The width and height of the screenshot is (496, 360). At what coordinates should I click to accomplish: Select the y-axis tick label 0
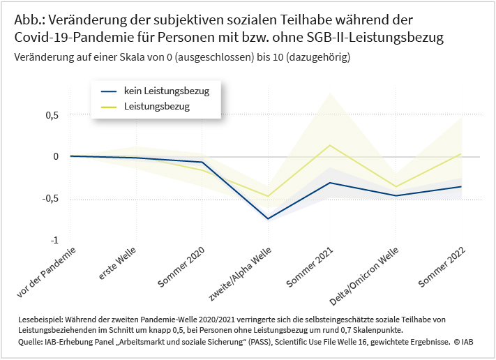coord(54,156)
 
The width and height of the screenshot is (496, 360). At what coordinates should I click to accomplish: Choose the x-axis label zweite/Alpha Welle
coord(240,273)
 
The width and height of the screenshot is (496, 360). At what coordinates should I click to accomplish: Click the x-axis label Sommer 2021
coord(310,267)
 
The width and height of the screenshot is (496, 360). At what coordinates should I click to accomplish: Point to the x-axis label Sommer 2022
coord(441,267)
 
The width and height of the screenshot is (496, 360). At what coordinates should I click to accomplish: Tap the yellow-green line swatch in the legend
coord(109,107)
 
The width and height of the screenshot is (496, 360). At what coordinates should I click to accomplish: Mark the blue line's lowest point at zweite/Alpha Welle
coord(268,219)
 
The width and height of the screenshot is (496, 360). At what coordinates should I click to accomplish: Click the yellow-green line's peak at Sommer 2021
coord(330,145)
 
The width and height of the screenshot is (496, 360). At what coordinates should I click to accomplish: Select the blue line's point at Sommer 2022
coord(461,186)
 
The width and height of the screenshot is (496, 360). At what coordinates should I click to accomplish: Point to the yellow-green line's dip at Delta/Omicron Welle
coord(396,187)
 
